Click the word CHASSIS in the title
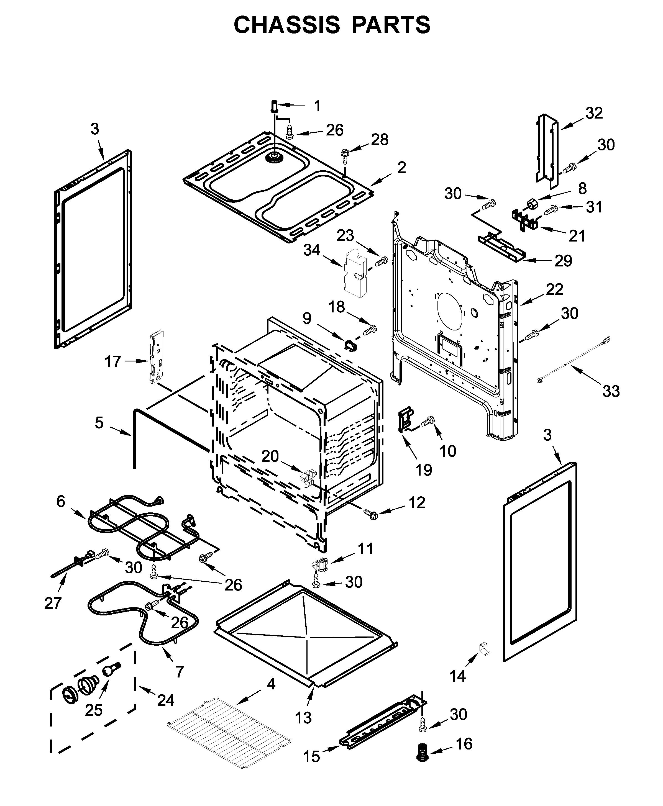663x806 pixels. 286,25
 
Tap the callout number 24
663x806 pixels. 166,700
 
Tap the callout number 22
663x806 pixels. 555,289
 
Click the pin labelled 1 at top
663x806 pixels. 275,106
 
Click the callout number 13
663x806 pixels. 303,718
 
